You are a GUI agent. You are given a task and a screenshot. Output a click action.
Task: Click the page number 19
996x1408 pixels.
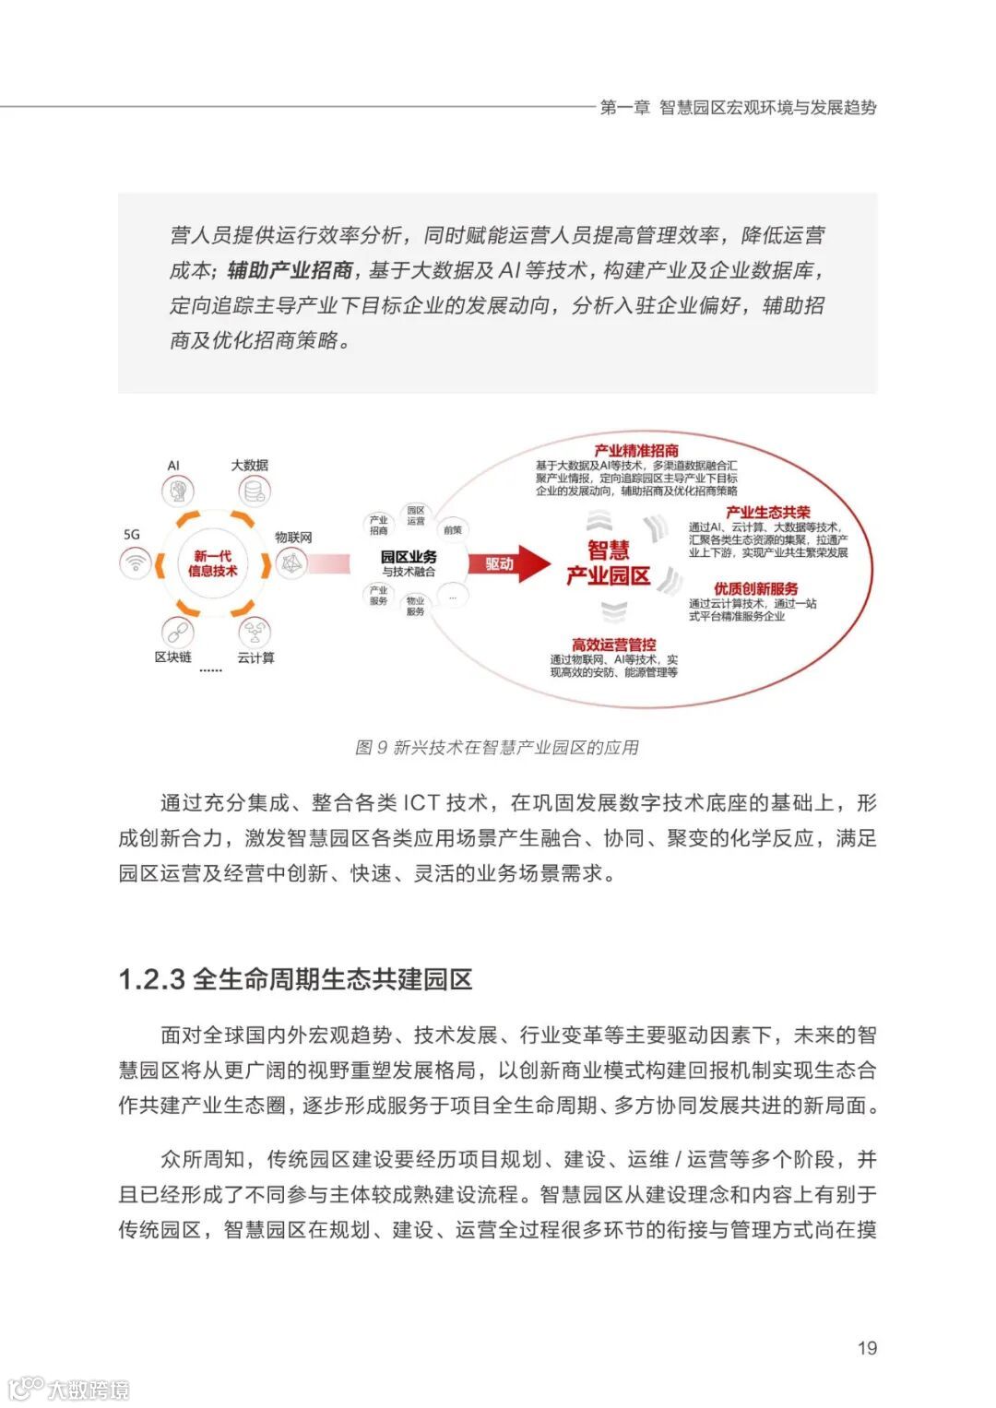coord(867,1348)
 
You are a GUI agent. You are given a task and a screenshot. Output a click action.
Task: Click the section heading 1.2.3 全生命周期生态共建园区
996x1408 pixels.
coord(295,979)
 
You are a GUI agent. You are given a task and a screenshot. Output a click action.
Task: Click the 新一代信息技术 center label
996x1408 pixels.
coord(213,563)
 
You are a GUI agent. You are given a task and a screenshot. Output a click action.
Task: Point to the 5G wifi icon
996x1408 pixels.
coord(136,561)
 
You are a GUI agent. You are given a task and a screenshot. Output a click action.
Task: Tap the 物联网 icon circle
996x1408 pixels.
coord(292,562)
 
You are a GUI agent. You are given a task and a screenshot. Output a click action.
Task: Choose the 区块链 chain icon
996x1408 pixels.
coord(175,632)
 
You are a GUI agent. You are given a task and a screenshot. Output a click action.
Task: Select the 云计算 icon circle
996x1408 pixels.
coord(254,633)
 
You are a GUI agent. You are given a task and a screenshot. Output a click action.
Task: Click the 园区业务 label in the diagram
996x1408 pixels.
coord(409,558)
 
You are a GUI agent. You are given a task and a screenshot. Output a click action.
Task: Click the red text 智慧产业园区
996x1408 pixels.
coord(609,563)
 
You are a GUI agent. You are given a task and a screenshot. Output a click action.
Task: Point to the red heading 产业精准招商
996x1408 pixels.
coord(636,451)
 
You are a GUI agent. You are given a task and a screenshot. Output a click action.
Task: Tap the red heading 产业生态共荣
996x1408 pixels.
coord(767,513)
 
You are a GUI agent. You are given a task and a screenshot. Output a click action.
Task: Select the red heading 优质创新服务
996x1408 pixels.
coord(755,589)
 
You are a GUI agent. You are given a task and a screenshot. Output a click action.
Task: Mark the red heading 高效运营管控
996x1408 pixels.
coord(613,645)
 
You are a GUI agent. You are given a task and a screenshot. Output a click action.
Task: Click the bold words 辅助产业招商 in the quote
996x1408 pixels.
coord(290,270)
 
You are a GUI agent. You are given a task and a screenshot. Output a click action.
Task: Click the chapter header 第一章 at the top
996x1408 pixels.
coord(624,108)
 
